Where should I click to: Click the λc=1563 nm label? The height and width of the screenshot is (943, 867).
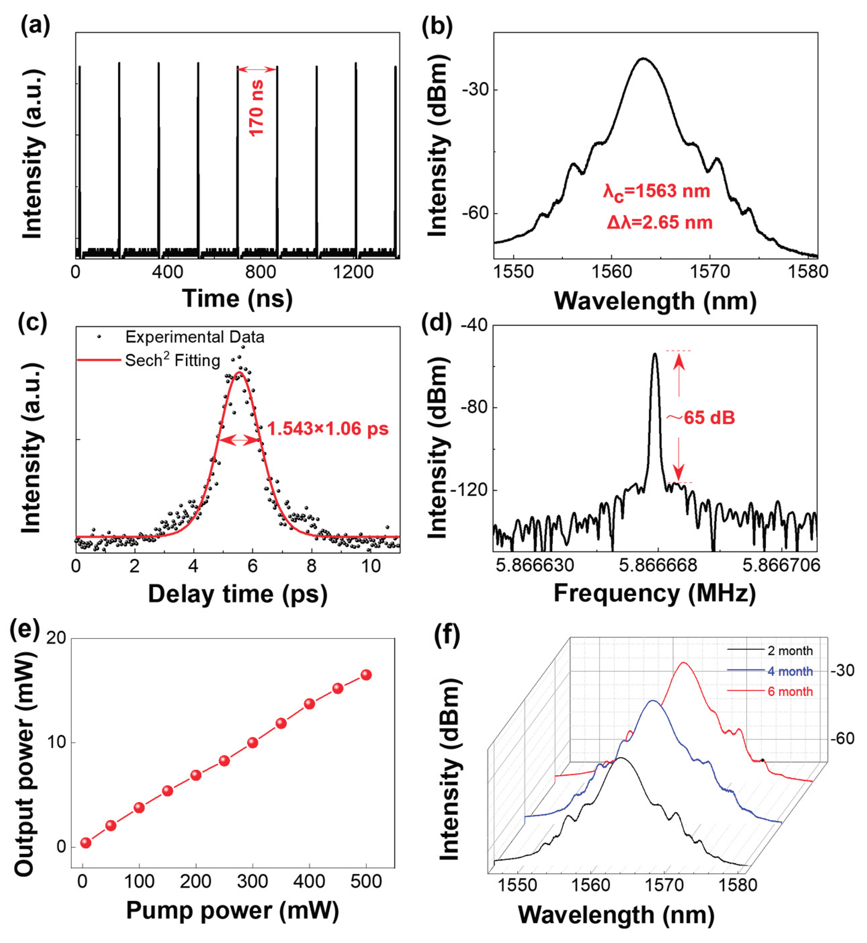(656, 191)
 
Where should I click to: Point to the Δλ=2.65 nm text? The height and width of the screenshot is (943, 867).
(659, 222)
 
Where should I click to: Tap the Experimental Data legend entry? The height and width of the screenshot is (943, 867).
(194, 337)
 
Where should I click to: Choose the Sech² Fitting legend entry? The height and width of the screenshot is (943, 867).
(172, 360)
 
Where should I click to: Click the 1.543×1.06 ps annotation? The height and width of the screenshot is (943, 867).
(327, 428)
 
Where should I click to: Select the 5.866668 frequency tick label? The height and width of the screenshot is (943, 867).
(658, 565)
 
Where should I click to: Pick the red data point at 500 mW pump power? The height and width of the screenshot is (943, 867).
(366, 675)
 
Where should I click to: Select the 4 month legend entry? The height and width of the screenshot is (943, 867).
(790, 671)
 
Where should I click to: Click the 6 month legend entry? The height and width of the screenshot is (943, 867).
(790, 691)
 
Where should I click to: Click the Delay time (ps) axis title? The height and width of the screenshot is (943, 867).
(237, 594)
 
